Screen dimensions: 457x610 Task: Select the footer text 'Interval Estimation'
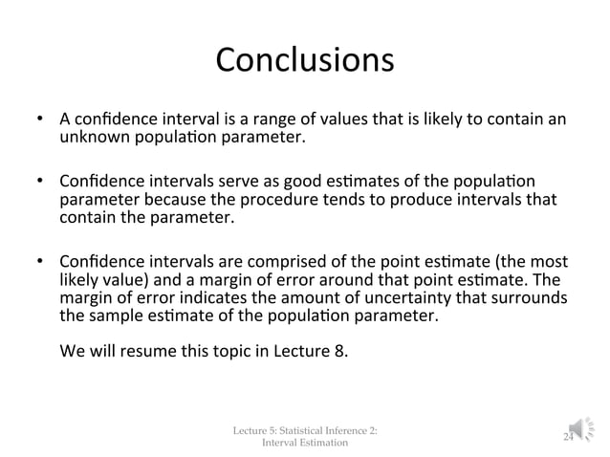305,443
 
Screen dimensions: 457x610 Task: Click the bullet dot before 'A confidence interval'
42,120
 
